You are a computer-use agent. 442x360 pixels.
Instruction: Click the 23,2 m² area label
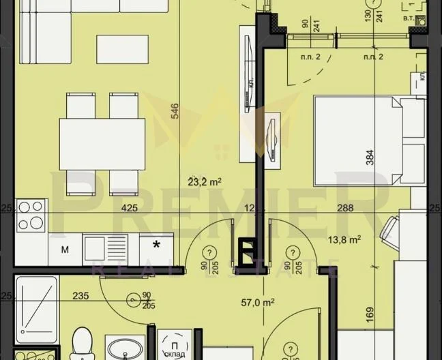point(207,182)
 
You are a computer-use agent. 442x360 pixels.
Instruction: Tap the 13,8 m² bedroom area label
point(344,239)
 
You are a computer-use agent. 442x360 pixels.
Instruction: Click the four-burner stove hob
point(31,215)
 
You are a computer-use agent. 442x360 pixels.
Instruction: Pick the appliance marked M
point(65,249)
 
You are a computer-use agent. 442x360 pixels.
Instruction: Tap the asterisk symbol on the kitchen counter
point(158,245)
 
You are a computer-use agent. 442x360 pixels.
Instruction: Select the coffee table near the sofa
point(122,49)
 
